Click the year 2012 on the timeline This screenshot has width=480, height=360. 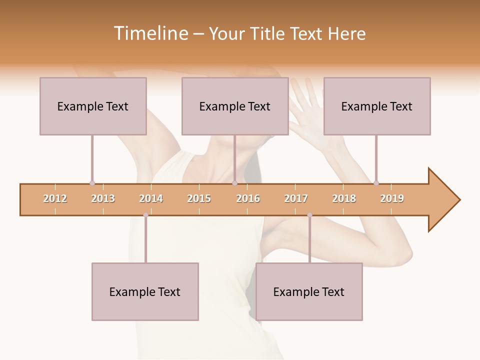[x=55, y=198]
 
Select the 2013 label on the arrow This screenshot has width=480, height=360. [x=103, y=198]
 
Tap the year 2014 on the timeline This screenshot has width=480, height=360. [x=151, y=198]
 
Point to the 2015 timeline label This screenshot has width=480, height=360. [x=199, y=198]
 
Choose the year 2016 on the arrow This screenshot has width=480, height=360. [x=248, y=198]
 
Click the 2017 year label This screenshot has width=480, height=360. [x=296, y=198]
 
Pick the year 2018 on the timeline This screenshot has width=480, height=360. [x=344, y=198]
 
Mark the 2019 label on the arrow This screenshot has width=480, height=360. [x=392, y=198]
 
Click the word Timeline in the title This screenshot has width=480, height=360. [x=150, y=33]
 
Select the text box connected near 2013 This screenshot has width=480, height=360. [x=93, y=106]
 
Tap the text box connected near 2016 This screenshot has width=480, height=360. [x=235, y=106]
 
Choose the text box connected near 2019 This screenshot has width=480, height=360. [x=377, y=106]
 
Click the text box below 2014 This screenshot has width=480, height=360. [x=145, y=291]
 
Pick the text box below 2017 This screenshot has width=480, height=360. [x=309, y=291]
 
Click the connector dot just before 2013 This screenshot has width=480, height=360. [x=92, y=183]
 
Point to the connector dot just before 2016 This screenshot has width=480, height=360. [x=235, y=183]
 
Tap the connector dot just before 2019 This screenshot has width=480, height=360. [x=376, y=183]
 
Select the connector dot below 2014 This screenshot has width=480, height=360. [x=145, y=215]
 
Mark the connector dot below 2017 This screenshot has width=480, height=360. [x=309, y=215]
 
